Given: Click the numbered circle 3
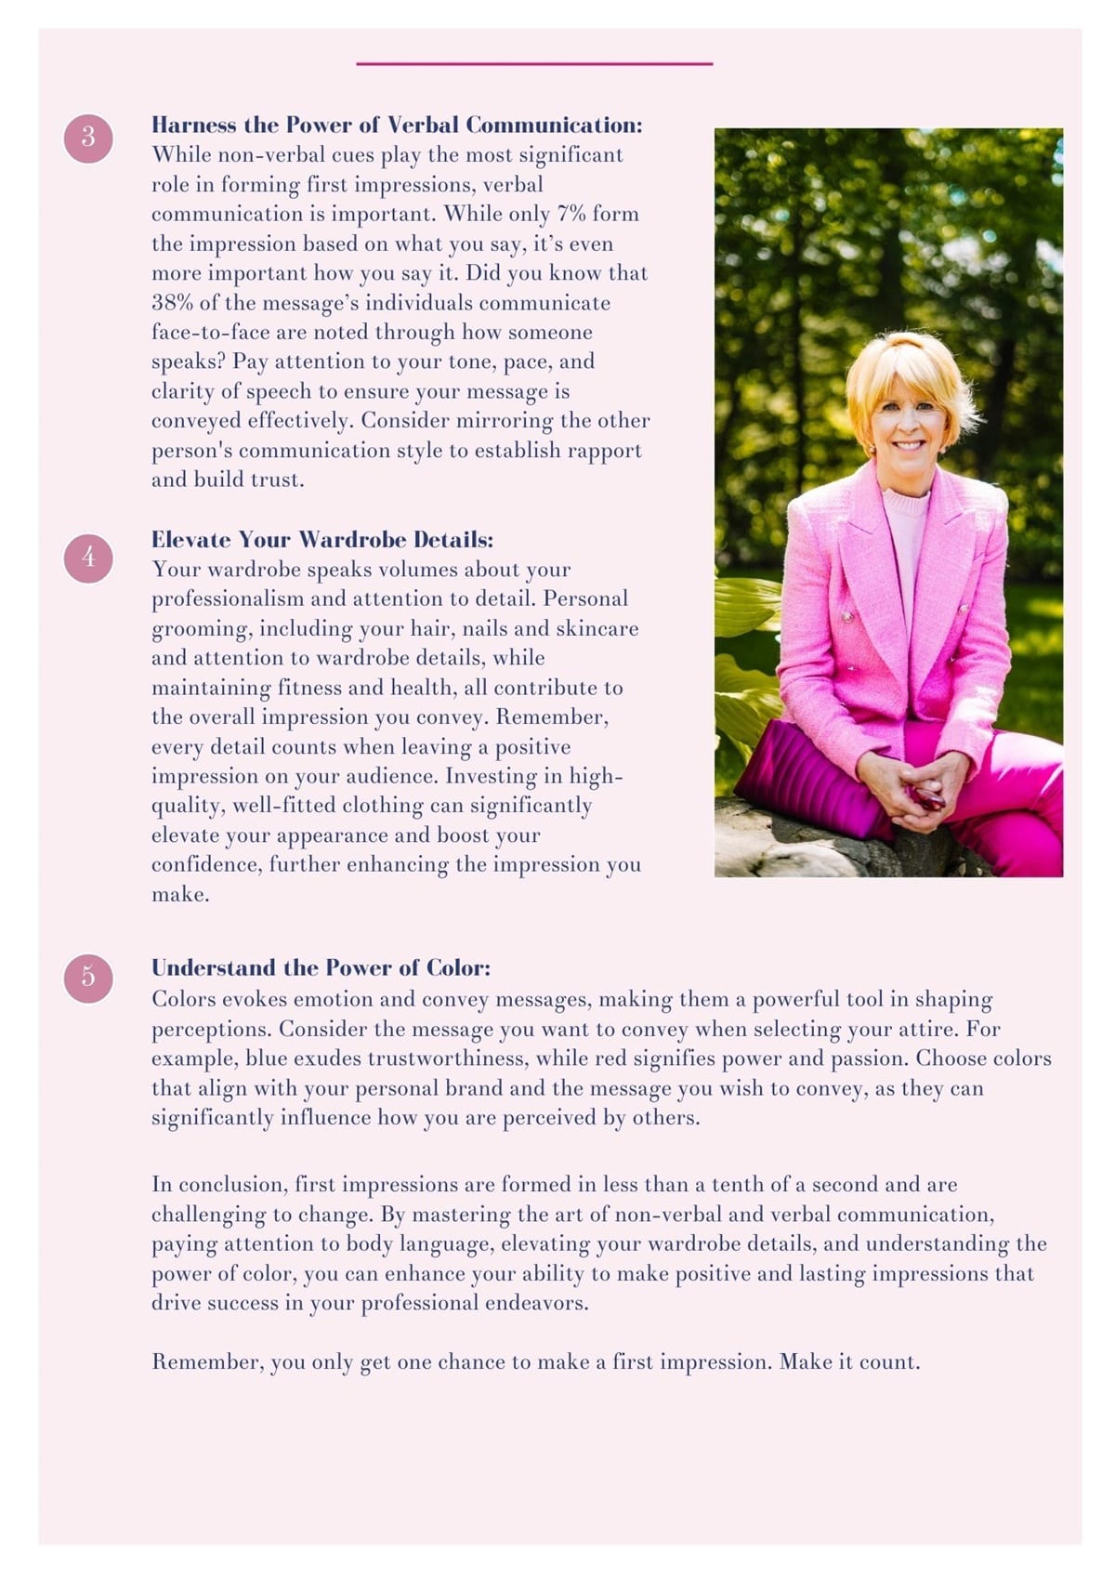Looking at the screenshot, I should (x=88, y=138).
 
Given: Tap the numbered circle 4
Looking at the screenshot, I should (x=88, y=558).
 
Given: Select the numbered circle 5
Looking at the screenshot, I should (x=88, y=978).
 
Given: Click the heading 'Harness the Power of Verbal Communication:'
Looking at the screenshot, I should (x=397, y=125).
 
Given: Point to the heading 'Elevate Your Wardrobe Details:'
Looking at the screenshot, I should (x=322, y=540).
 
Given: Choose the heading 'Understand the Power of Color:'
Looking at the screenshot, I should (x=321, y=968).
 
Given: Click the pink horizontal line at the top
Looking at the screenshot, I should (x=534, y=64).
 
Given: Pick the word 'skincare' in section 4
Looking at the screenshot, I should (x=597, y=628).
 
